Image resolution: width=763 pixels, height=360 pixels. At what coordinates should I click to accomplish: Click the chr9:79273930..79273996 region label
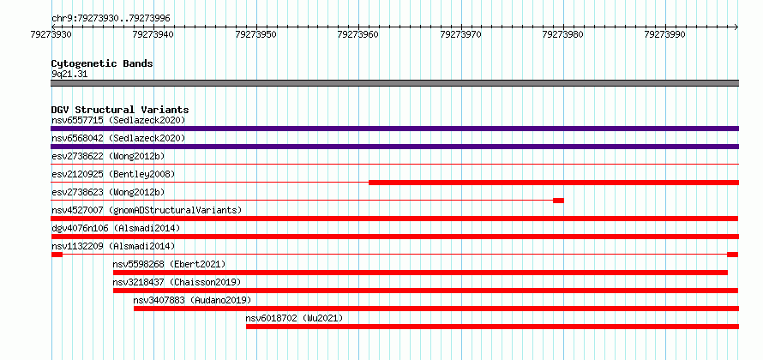(x=111, y=19)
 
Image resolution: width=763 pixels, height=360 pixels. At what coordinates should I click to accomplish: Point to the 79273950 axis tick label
(x=256, y=34)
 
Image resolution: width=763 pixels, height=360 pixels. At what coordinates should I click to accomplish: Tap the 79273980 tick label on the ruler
(x=563, y=34)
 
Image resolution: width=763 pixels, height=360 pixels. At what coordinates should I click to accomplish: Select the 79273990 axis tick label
(x=665, y=34)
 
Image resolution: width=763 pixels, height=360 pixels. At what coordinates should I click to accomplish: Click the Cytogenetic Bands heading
(x=102, y=63)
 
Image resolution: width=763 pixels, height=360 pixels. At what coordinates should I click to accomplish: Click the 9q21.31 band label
(x=69, y=75)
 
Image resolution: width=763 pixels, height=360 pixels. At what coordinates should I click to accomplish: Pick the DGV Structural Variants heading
(x=120, y=110)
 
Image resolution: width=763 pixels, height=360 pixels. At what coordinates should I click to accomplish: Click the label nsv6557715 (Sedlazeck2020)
(x=118, y=120)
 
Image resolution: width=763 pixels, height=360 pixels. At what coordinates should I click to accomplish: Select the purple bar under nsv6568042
(x=394, y=147)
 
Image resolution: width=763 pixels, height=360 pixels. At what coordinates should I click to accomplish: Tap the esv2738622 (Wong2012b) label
(x=108, y=156)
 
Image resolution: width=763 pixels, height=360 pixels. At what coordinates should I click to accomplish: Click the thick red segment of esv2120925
(x=554, y=183)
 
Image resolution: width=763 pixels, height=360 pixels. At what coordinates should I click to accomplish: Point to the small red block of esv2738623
(x=559, y=201)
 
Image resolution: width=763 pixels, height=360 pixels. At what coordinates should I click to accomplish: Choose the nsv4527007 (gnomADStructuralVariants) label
(x=147, y=210)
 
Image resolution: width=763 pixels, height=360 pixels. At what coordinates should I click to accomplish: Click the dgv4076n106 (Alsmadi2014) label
(x=116, y=228)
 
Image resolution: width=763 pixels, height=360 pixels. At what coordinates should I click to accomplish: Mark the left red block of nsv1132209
(x=57, y=255)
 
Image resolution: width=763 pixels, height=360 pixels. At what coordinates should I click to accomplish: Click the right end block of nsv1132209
(x=733, y=255)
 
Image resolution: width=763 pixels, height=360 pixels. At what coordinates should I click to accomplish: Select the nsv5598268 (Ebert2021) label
(x=170, y=264)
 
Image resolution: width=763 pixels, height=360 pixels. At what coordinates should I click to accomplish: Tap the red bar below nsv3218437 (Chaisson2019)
(x=426, y=291)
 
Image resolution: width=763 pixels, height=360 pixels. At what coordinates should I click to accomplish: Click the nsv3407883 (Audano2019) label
(x=192, y=300)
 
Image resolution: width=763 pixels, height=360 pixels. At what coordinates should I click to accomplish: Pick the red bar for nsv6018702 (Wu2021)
(x=492, y=327)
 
